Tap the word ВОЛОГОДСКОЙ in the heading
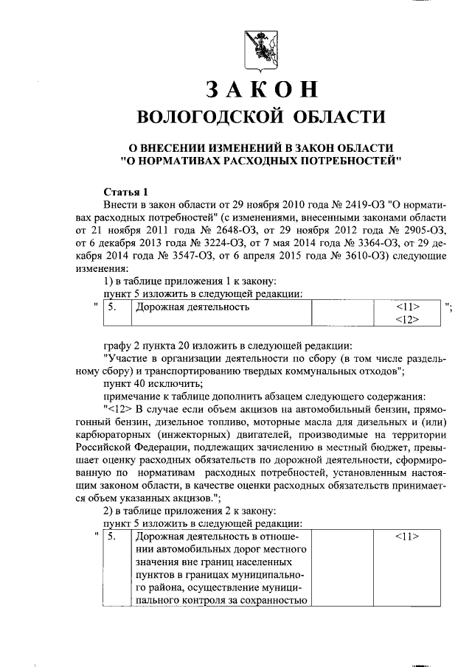click(212, 117)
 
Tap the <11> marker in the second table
click(406, 537)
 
